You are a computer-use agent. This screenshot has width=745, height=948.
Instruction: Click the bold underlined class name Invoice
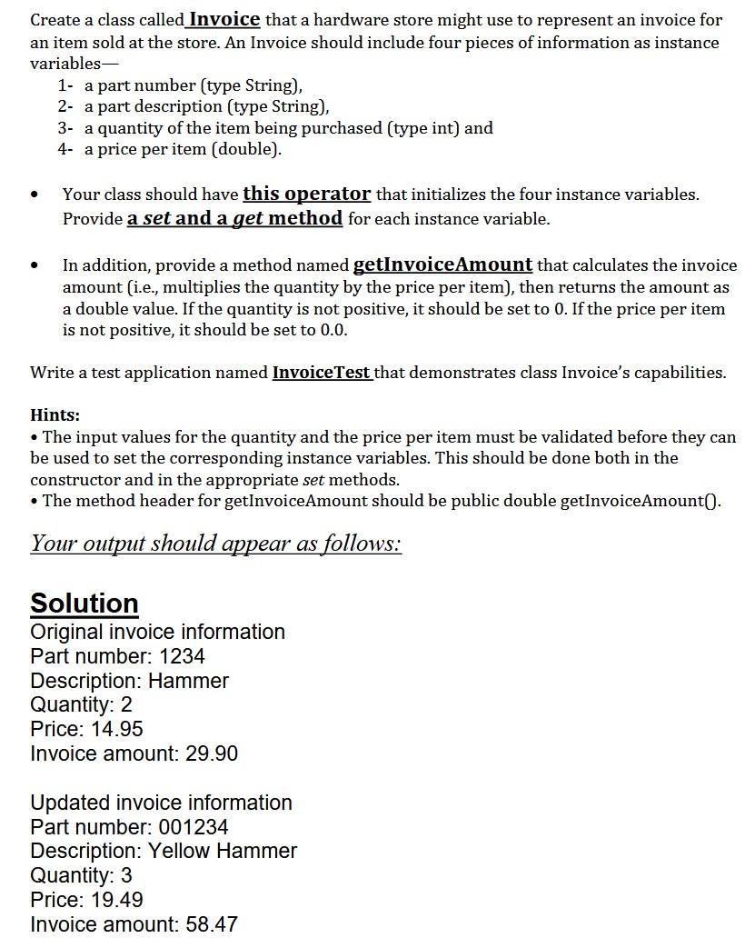pos(223,19)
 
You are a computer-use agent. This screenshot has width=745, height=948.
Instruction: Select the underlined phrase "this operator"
pos(306,194)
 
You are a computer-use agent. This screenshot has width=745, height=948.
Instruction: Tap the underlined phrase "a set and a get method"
pos(234,218)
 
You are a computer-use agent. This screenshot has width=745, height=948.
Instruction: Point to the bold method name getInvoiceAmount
pos(442,264)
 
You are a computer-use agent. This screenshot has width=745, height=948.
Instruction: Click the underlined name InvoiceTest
pos(322,373)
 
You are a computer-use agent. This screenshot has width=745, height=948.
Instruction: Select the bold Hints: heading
pos(55,414)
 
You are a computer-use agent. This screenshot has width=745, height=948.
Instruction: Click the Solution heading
pos(84,603)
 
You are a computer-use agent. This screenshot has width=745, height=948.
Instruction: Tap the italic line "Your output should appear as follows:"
pos(215,543)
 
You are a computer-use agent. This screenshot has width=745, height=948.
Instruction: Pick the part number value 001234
pos(194,827)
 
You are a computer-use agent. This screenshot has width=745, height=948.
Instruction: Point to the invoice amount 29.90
pos(212,753)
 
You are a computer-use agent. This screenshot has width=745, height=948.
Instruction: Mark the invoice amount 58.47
pos(212,924)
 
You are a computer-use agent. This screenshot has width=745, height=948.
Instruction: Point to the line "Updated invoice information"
pos(161,803)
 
